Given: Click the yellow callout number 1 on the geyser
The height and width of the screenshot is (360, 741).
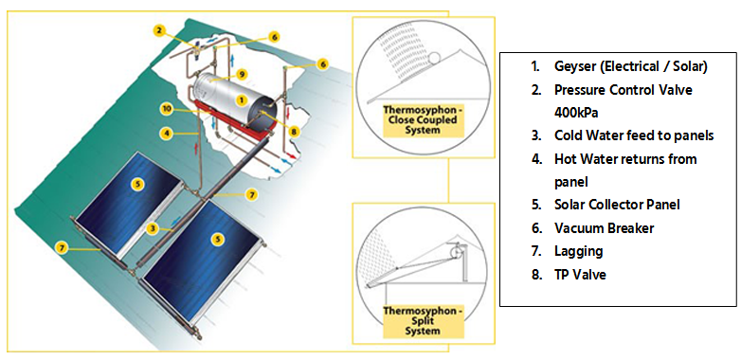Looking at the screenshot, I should tap(242, 99).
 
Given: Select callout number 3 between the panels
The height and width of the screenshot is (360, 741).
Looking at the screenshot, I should tap(153, 228).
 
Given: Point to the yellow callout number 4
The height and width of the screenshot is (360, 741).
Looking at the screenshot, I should tap(166, 134).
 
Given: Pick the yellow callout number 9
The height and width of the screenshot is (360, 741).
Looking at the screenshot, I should tap(243, 74).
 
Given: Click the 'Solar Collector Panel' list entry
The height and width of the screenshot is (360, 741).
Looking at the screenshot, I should tap(617, 204).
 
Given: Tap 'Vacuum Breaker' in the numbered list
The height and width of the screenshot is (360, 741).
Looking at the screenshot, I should tap(604, 227).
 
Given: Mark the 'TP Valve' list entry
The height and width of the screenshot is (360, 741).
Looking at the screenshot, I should tap(581, 274).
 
